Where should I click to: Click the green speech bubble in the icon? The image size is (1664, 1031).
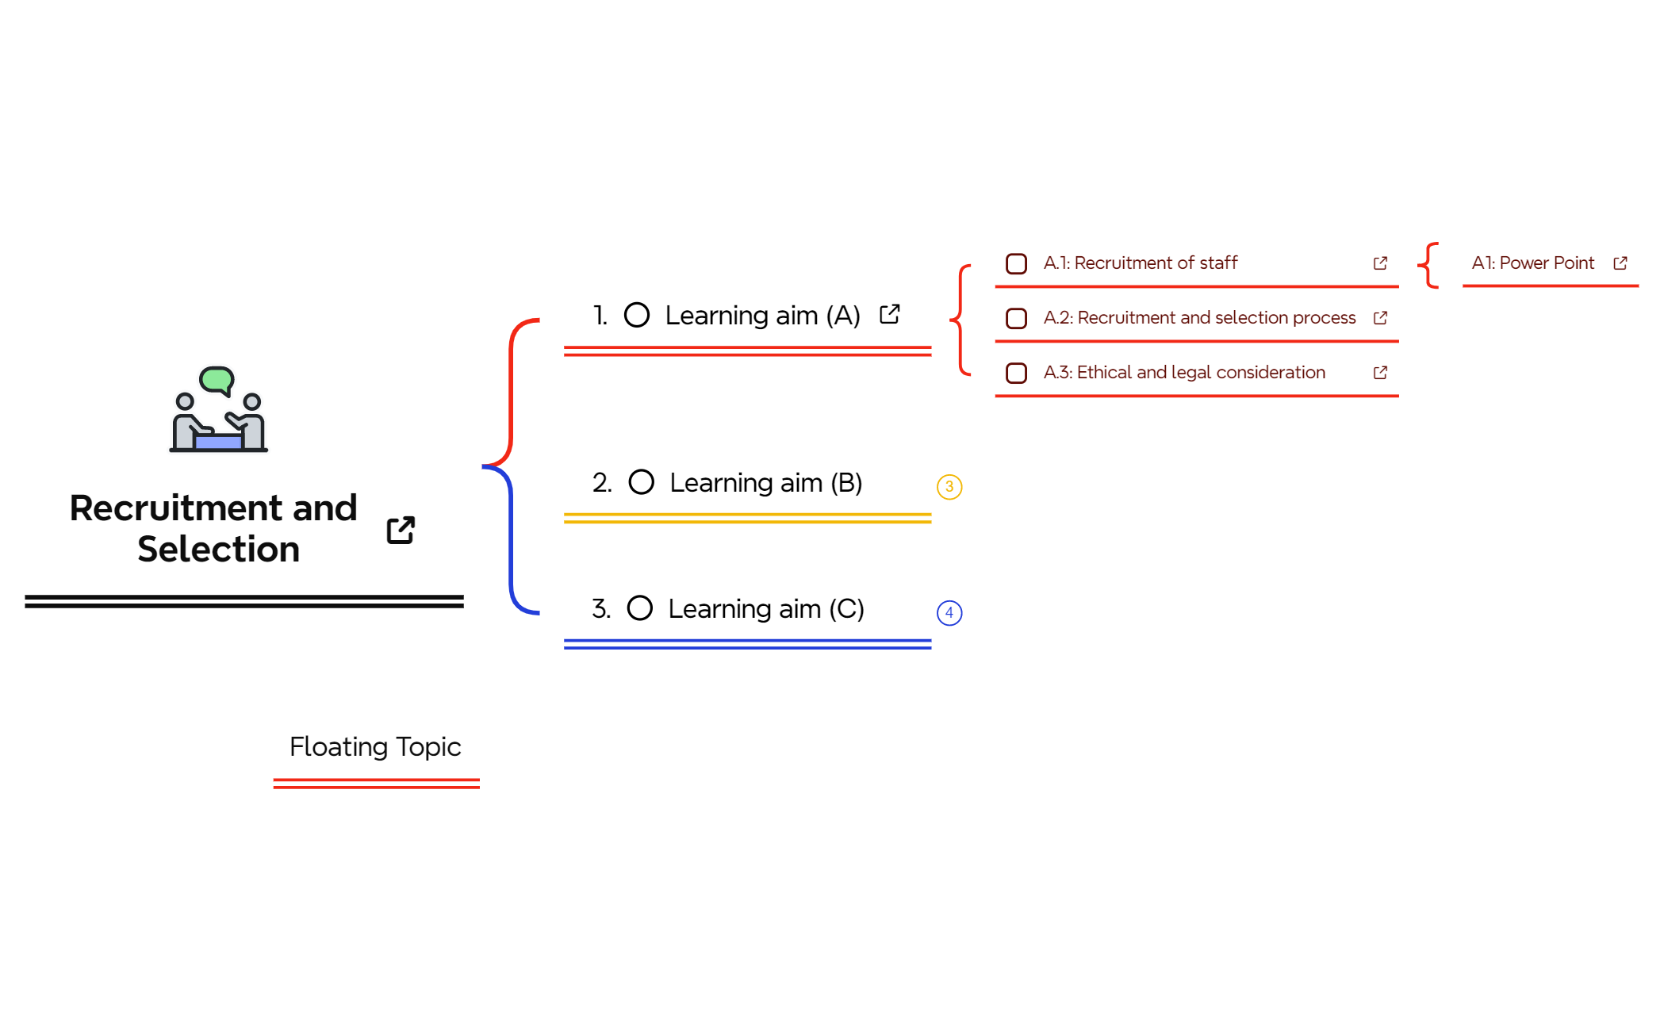[217, 379]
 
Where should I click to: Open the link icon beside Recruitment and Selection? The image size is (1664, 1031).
[401, 530]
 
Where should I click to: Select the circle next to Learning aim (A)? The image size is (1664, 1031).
[637, 315]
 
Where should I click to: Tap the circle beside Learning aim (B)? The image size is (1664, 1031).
[641, 481]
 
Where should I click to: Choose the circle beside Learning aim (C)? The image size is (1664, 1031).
[639, 608]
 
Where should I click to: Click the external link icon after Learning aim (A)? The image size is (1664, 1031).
[890, 314]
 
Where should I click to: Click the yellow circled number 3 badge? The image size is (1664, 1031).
[949, 486]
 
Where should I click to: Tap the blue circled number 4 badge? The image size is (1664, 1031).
[949, 612]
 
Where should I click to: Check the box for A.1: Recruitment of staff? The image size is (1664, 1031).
[1016, 263]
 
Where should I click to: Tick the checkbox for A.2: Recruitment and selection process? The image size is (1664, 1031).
[1016, 318]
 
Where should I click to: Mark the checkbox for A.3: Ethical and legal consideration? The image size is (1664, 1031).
[1016, 373]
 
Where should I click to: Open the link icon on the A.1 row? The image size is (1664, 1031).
[1380, 263]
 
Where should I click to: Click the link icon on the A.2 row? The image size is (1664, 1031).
[1380, 318]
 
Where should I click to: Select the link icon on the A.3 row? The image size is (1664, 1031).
[1380, 373]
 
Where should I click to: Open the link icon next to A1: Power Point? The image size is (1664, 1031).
[1620, 263]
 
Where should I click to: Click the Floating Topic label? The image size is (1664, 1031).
[375, 747]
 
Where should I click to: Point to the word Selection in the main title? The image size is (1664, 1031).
[219, 549]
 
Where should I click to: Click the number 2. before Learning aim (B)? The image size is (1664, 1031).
[602, 482]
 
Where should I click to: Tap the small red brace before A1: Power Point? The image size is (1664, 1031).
[1428, 265]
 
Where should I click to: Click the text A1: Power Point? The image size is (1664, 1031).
[1532, 263]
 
